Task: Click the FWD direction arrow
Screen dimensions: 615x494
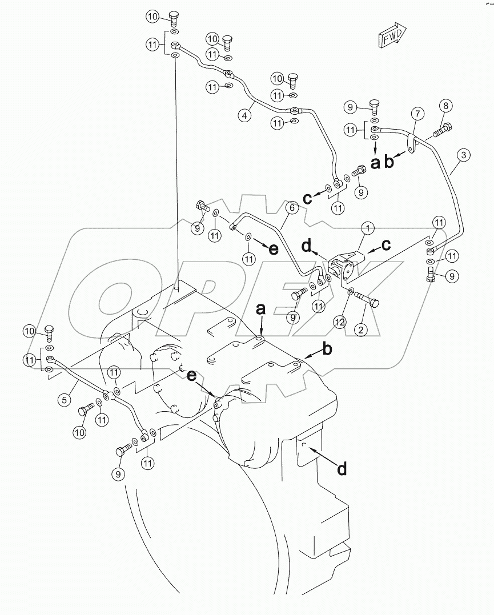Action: (391, 36)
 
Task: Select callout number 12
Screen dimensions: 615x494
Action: (340, 323)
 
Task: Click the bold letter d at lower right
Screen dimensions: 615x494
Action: (342, 469)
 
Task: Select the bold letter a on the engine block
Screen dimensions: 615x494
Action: (260, 309)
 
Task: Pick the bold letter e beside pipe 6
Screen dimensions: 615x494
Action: (274, 250)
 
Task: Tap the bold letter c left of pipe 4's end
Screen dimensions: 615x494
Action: (307, 199)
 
